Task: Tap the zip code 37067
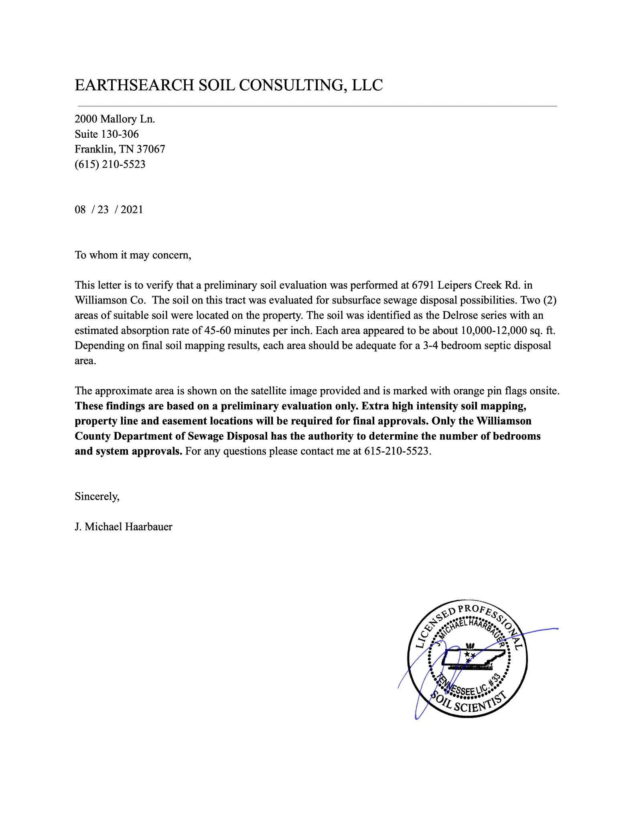click(x=151, y=149)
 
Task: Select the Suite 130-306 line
click(x=107, y=134)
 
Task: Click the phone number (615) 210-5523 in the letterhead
click(x=110, y=164)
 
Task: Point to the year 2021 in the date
click(x=132, y=210)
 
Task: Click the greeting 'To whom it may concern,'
click(x=133, y=255)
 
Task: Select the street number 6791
click(x=423, y=285)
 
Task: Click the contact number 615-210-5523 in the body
click(x=397, y=451)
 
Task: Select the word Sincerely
click(x=97, y=496)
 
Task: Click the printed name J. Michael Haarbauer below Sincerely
click(x=124, y=527)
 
